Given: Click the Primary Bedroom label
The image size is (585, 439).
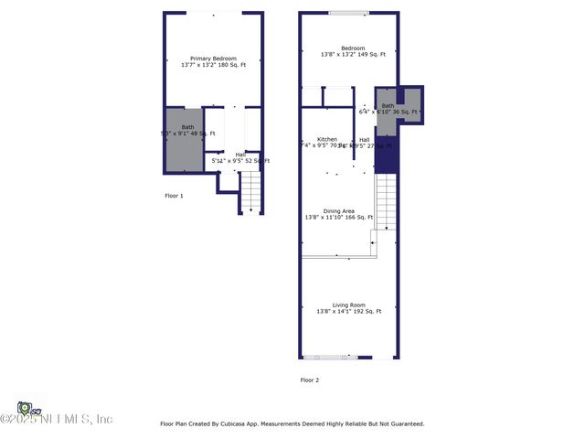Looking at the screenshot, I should (x=213, y=58).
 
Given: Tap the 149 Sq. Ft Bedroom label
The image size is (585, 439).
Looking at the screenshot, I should (x=353, y=48).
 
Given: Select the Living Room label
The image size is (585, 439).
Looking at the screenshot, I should (x=348, y=305).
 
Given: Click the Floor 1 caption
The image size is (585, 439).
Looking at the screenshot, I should (x=174, y=196).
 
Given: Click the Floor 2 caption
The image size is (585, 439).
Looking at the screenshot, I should (x=311, y=380).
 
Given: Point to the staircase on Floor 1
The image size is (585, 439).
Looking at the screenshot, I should (x=250, y=192).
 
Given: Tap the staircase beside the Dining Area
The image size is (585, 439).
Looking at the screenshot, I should (x=387, y=203).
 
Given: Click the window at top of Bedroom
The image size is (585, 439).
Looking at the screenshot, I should (x=349, y=13).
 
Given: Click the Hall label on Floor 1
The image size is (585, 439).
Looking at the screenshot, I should (x=240, y=155).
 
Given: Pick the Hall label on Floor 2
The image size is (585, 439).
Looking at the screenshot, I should (x=364, y=139).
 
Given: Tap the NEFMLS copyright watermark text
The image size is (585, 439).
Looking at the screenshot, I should (x=57, y=419).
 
